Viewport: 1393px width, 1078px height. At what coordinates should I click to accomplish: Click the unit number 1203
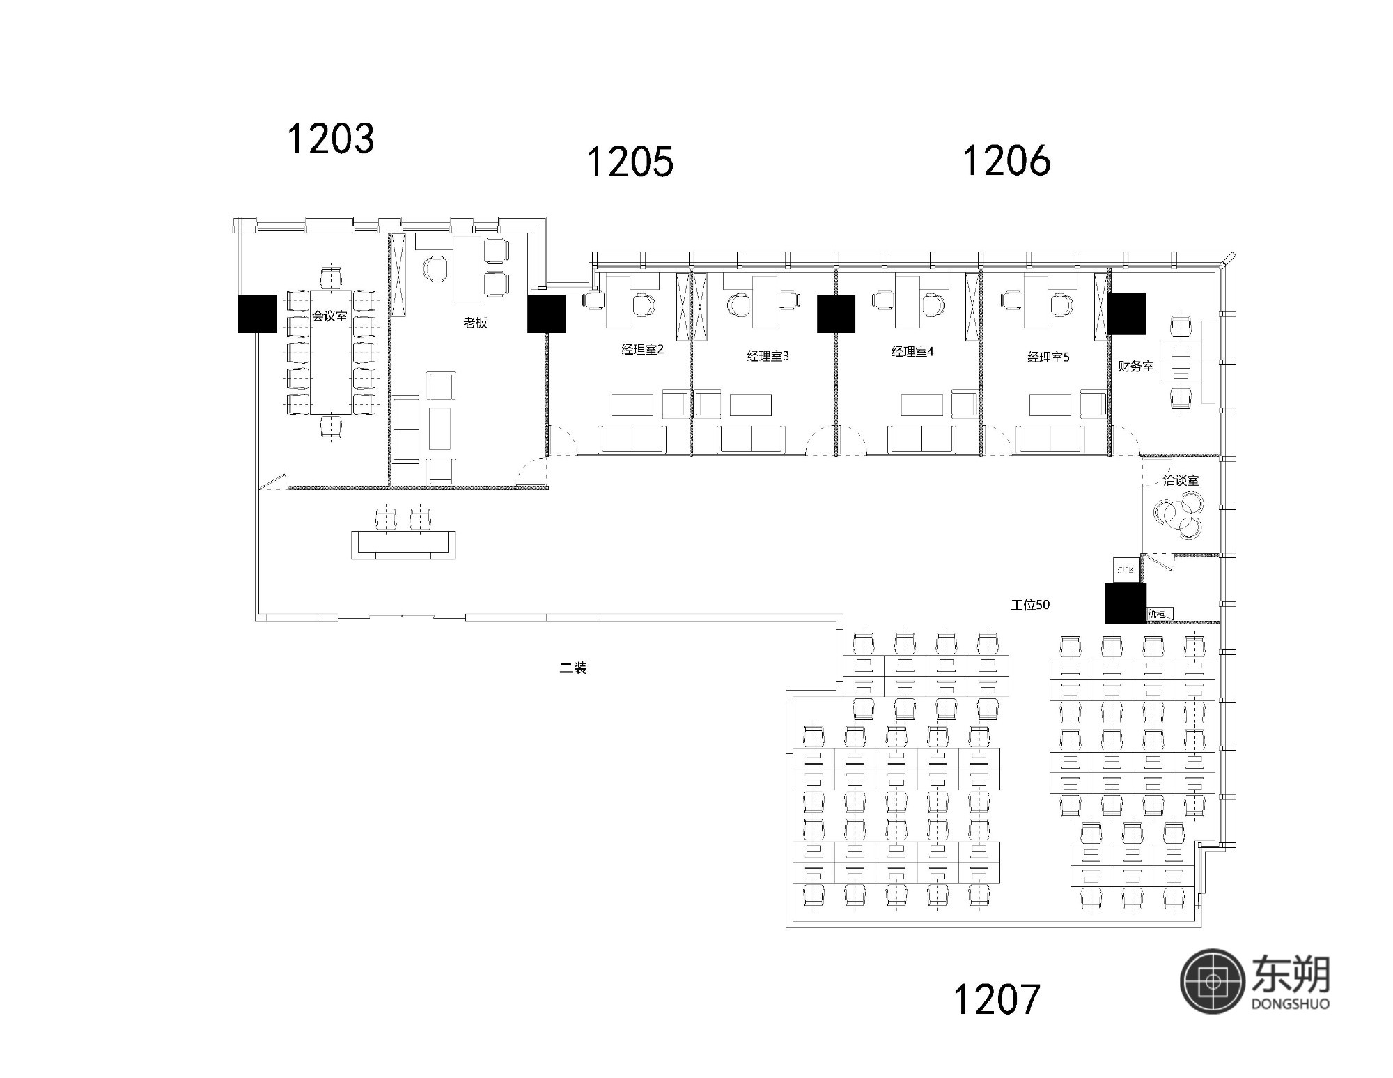(331, 138)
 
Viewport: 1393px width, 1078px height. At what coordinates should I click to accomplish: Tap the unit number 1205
(630, 162)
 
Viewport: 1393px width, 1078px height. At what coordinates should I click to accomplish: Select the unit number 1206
(1006, 160)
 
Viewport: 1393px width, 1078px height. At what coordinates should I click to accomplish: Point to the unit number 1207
(996, 999)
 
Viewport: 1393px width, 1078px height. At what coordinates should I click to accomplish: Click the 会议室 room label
(329, 316)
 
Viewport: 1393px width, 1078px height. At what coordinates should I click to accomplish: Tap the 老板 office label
(475, 323)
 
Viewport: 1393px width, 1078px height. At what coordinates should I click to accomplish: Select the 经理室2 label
(642, 349)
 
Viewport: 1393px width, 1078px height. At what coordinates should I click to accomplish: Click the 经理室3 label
(768, 356)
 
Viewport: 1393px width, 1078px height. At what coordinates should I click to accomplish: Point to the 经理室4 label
(912, 351)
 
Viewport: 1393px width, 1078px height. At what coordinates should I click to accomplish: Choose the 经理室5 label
(1048, 357)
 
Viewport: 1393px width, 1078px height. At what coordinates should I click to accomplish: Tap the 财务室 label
(1135, 366)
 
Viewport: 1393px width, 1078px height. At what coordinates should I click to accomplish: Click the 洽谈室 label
(1181, 480)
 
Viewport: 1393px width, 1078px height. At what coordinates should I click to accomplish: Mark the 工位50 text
(1030, 605)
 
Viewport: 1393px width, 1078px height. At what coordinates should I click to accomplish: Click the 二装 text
(573, 668)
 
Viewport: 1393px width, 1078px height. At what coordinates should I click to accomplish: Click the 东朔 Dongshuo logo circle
(1212, 980)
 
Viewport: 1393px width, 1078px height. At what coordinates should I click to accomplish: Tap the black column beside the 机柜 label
(1125, 603)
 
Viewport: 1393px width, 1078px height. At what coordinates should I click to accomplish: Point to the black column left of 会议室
(257, 314)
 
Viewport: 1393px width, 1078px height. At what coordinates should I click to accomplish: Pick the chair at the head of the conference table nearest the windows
(332, 277)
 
